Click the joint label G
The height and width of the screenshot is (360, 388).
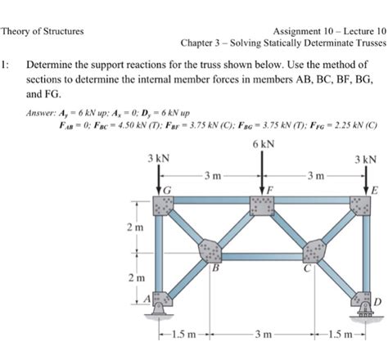coord(168,191)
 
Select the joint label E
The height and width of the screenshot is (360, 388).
coord(376,190)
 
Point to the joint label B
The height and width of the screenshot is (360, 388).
coord(215,265)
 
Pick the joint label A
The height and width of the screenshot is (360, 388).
coord(150,300)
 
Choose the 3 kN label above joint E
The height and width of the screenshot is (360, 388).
coord(366,159)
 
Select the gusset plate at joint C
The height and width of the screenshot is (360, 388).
coord(313,248)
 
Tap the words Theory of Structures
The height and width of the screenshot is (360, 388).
coord(42,31)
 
